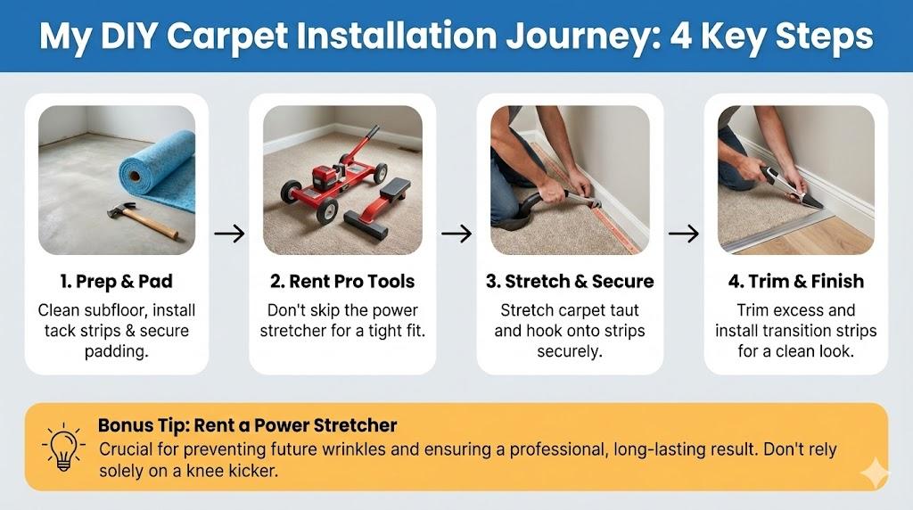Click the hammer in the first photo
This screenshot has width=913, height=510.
(x=143, y=220)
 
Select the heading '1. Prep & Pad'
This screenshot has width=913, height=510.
(x=117, y=281)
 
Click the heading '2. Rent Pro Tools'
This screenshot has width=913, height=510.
(x=342, y=281)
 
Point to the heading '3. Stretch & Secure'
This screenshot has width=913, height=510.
(x=570, y=281)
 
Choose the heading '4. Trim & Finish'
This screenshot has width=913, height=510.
(x=796, y=281)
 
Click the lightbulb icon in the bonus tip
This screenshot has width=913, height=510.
(x=63, y=447)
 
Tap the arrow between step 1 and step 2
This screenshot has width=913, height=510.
(x=229, y=234)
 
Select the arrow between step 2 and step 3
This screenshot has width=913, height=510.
(x=456, y=234)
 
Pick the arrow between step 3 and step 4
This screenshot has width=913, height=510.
(x=684, y=234)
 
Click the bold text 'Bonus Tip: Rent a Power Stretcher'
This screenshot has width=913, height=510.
(x=248, y=425)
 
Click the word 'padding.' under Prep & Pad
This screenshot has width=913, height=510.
(x=117, y=351)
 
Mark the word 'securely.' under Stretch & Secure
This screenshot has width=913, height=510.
(x=570, y=351)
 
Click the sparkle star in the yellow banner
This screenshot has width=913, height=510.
(x=875, y=474)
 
